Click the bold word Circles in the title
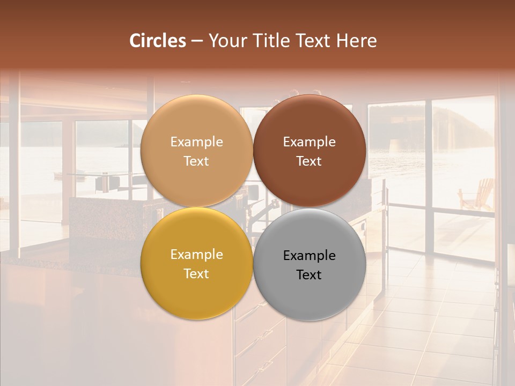158,41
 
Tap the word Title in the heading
268,41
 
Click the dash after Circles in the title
197,41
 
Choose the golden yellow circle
196,292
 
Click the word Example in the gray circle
310,256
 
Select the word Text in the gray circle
309,275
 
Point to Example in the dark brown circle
310,142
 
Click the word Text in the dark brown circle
309,161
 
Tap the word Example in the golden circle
196,255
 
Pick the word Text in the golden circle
196,274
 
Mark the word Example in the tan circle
196,142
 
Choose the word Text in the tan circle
196,161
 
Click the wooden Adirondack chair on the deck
477,194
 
